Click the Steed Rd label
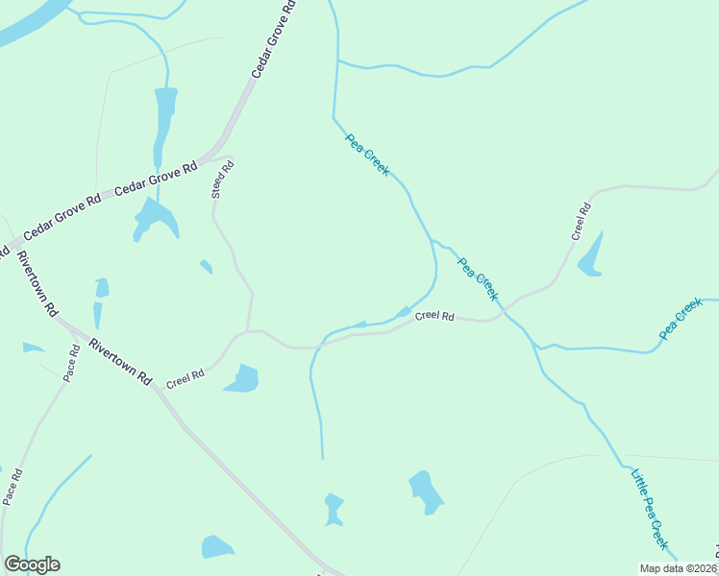[222, 180]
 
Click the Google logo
[32, 564]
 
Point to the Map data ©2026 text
[678, 568]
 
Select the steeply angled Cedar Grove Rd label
[273, 40]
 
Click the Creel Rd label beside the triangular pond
[581, 222]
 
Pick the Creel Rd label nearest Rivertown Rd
[186, 378]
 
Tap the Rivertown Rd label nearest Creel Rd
[120, 361]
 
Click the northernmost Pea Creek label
[367, 155]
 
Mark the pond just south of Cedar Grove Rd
[155, 218]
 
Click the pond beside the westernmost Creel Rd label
[243, 379]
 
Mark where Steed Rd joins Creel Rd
[249, 331]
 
